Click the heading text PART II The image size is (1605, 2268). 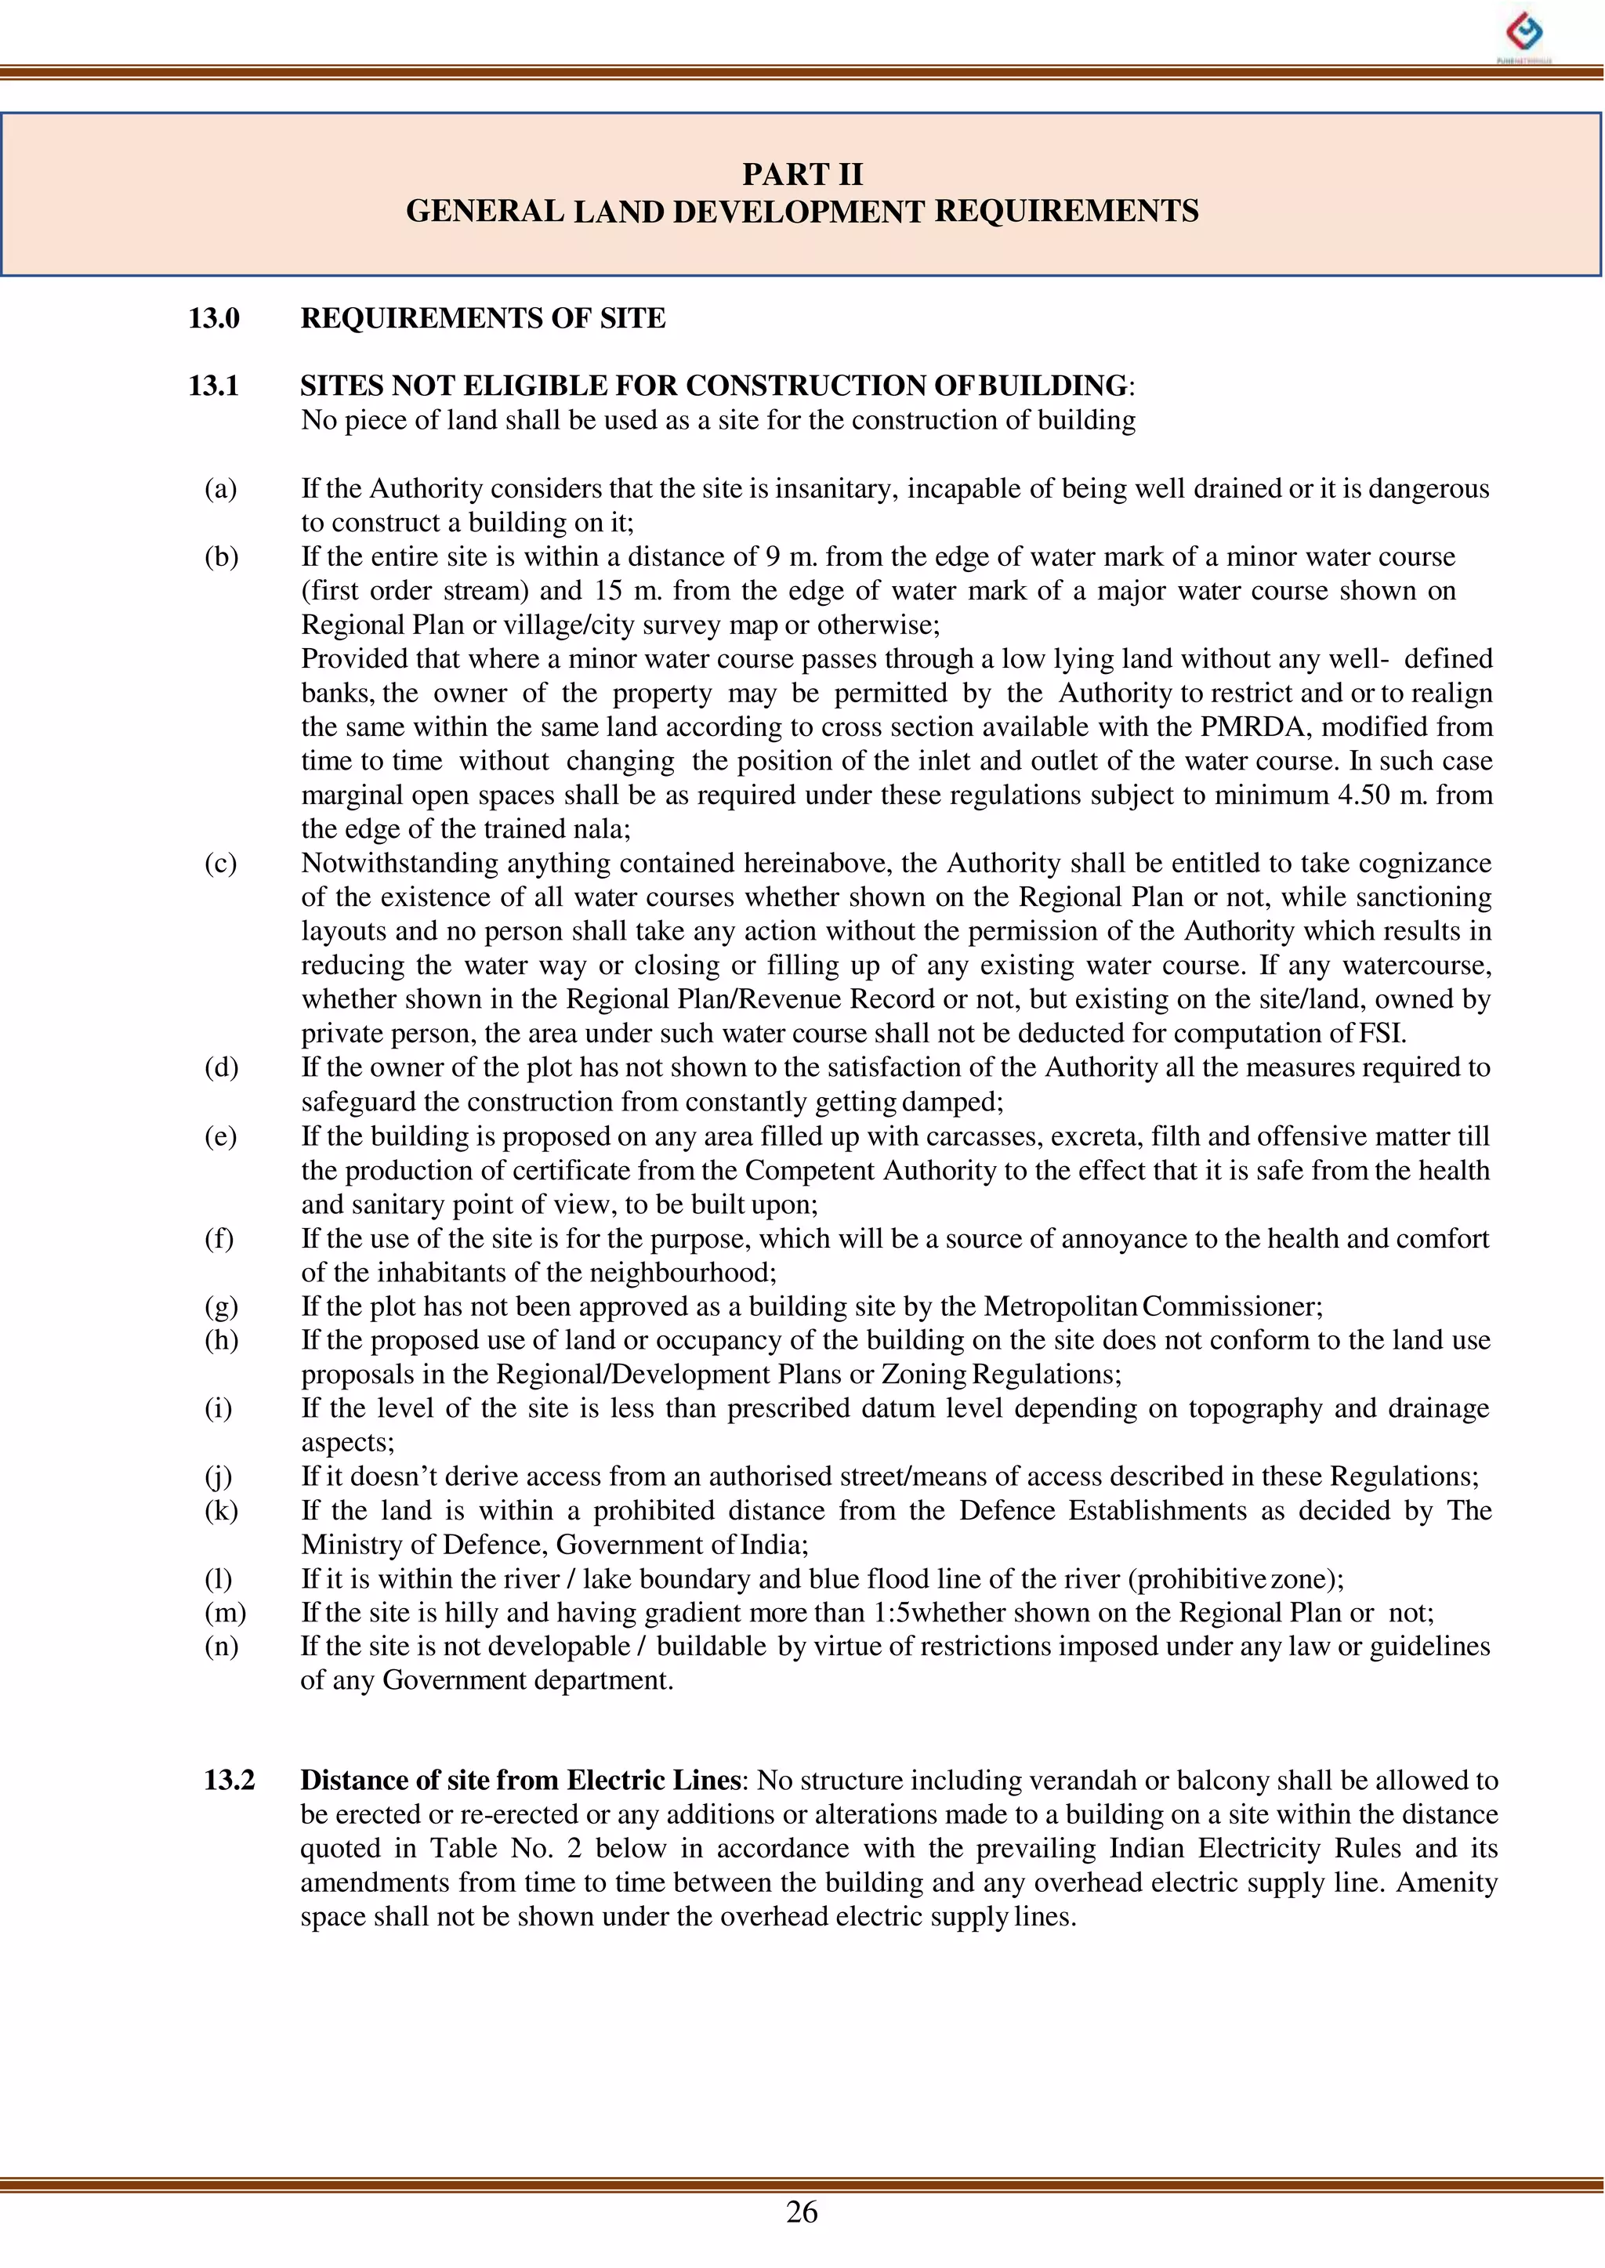[x=802, y=175]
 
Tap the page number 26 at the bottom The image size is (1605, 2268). [x=802, y=2212]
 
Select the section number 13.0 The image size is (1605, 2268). [x=213, y=318]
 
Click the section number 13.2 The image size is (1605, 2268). [x=230, y=1780]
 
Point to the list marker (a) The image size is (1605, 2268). [x=220, y=489]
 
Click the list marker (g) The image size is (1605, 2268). [x=220, y=1306]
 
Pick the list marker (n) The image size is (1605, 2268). [x=221, y=1647]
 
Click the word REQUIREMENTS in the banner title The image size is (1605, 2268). [x=1067, y=212]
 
